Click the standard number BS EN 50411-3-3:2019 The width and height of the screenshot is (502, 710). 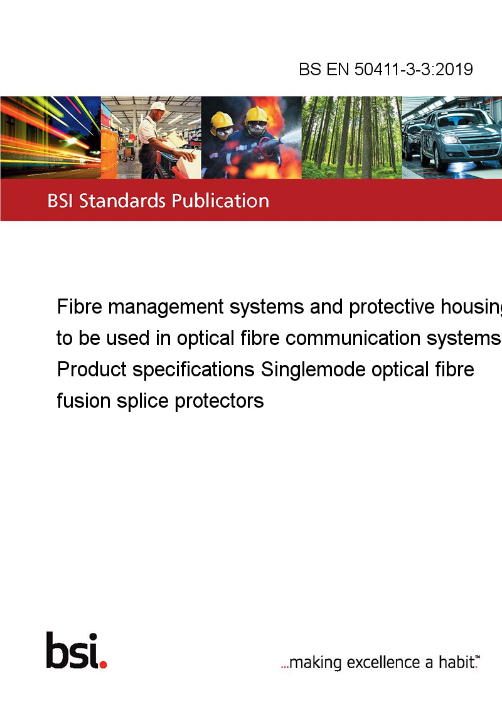(x=385, y=69)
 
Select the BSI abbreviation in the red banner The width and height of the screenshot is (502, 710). (x=60, y=201)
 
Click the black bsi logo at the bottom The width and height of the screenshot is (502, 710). (x=73, y=650)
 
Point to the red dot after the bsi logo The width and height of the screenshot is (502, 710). (x=103, y=664)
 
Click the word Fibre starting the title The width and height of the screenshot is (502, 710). (x=79, y=307)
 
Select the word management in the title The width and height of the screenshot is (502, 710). (x=166, y=308)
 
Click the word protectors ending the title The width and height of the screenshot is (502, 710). (x=219, y=401)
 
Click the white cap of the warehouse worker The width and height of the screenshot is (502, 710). (x=158, y=107)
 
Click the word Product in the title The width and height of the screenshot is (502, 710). (x=92, y=369)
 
